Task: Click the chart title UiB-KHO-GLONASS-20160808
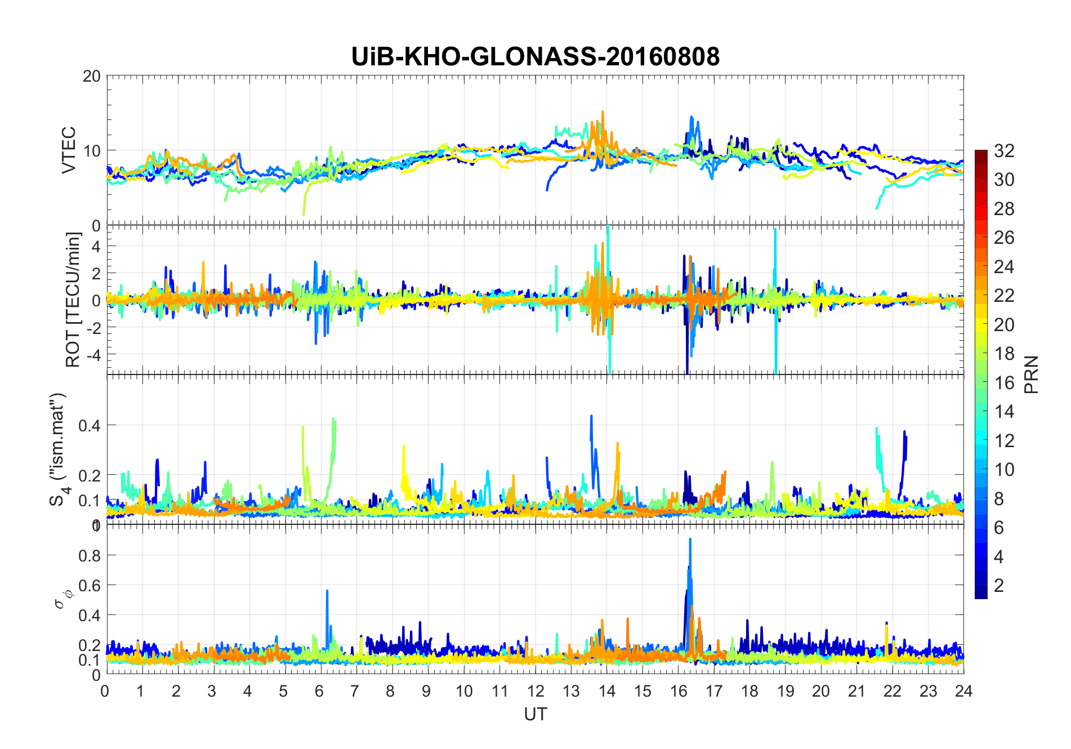tap(535, 57)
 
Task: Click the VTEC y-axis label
tap(69, 150)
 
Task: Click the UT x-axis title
tap(535, 714)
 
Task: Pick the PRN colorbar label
tap(1032, 374)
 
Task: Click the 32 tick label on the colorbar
tap(1004, 151)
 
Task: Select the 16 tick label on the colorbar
tap(1004, 383)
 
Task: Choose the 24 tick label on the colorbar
tap(1004, 267)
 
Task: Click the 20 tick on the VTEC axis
tap(91, 77)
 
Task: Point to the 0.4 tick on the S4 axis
tap(90, 425)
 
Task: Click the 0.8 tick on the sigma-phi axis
tap(90, 556)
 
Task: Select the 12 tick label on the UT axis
tap(535, 691)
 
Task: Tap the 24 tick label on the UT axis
tap(963, 691)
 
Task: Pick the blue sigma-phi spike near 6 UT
tap(327, 591)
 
